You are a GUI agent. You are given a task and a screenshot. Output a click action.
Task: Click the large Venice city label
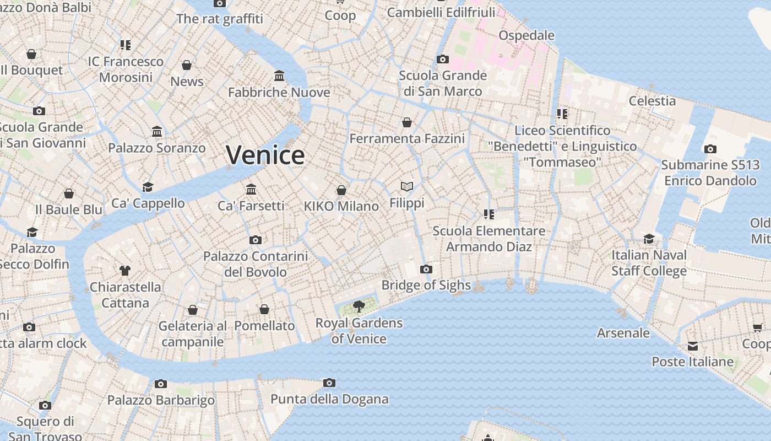coord(265,155)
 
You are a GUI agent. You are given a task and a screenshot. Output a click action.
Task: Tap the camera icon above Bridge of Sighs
coord(426,270)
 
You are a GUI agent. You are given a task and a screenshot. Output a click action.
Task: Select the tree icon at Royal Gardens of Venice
coord(359,306)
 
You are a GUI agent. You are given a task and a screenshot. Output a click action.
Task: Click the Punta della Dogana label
coord(329,399)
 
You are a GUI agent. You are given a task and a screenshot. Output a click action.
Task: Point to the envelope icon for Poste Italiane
coord(693,346)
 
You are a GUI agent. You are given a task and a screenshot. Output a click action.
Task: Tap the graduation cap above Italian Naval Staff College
coord(649,239)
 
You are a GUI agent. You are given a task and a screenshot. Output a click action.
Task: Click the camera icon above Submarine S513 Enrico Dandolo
coord(710,149)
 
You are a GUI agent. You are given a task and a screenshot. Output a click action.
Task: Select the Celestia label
coord(652,101)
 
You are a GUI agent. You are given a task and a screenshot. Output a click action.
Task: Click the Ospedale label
coord(526,35)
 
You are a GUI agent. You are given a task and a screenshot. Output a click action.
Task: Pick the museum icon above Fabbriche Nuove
coord(279,76)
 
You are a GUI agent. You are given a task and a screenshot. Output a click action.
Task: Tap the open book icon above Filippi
coord(407,187)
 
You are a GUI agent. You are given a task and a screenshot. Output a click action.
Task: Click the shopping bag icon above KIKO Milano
coord(341,190)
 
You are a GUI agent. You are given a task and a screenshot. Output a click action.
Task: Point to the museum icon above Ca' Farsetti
coord(251,190)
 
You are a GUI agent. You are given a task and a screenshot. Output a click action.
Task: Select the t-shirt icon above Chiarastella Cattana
coord(125,270)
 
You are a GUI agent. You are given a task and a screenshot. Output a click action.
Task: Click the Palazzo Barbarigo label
coord(161,400)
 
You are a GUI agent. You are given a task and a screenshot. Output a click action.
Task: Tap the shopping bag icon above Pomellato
coord(264,309)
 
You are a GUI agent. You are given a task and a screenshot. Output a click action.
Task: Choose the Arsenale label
coord(623,333)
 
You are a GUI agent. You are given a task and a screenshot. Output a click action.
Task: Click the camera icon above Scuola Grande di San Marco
coord(443,59)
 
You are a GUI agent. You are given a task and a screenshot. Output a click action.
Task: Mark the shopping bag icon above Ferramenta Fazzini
coord(407,122)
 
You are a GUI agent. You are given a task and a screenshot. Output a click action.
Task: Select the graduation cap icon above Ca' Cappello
coord(148,187)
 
